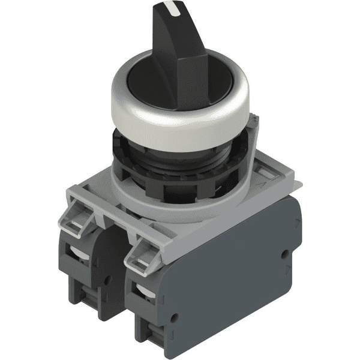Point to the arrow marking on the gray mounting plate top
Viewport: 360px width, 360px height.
pos(264,174)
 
